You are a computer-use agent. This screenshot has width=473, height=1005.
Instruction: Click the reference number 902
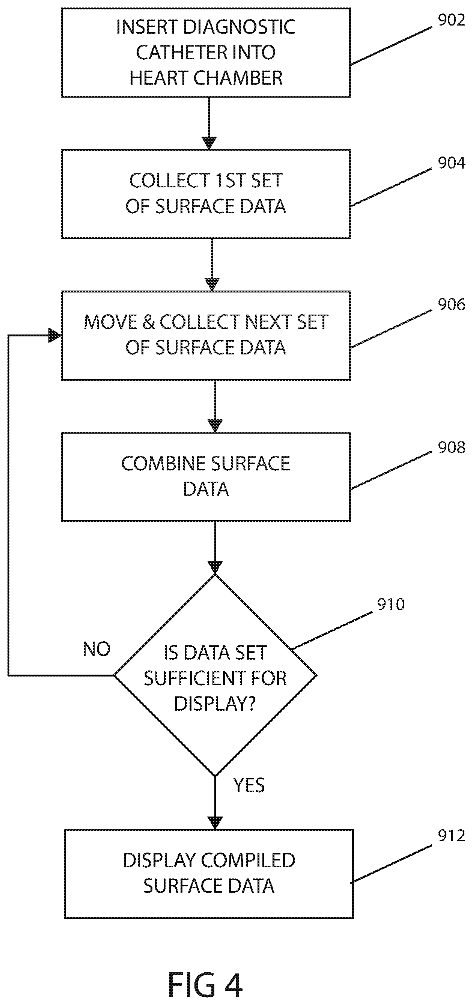point(451,20)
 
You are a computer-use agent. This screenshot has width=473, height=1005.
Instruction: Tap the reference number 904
point(451,163)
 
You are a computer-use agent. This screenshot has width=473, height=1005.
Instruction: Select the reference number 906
point(451,304)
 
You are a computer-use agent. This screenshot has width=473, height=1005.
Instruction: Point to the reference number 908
point(451,447)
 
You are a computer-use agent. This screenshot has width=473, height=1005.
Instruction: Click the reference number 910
point(391,604)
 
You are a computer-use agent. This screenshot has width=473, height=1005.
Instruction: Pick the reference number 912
point(451,836)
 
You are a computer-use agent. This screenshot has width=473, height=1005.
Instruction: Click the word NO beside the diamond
point(97,649)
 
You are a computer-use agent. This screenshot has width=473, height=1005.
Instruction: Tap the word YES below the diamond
point(249,785)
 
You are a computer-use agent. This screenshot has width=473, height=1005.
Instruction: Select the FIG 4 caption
point(205,985)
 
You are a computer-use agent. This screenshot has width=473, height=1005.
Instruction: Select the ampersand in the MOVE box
point(149,322)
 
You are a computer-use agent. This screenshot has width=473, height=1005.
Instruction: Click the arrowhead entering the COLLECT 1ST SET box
point(209,143)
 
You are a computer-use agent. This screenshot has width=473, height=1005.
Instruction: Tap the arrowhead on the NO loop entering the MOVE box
point(55,336)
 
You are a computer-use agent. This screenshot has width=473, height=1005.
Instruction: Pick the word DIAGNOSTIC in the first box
point(239,27)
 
